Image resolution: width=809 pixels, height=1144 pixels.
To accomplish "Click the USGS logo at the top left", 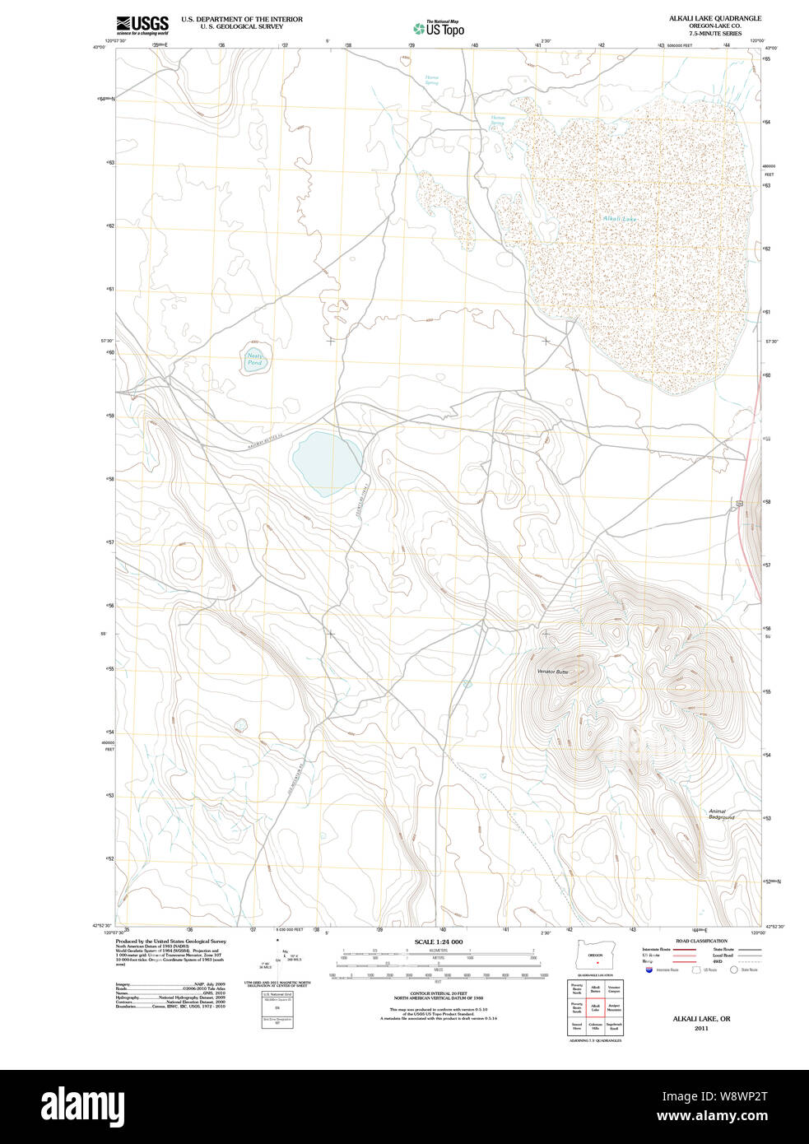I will pos(142,23).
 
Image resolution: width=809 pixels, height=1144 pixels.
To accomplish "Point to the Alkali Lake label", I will pos(619,219).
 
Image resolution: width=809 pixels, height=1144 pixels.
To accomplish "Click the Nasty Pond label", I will pos(255,360).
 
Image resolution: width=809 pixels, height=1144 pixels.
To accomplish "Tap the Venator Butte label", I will pos(552,672).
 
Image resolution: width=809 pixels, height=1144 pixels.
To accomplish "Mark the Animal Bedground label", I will pos(722,814).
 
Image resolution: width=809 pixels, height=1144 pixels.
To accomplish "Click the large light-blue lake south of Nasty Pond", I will pos(327,463).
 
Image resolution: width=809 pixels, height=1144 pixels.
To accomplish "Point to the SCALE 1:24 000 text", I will pos(438,942).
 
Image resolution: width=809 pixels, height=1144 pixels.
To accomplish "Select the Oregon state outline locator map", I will pos(595,955).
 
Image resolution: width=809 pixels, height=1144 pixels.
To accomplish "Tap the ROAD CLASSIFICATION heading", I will pos(701,941).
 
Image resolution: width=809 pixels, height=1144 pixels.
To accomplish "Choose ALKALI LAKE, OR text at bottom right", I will pos(701,1019).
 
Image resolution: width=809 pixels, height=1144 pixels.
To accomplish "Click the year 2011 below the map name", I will pos(701,1028).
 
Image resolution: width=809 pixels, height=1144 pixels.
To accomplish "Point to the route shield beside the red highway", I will pos(740,502).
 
